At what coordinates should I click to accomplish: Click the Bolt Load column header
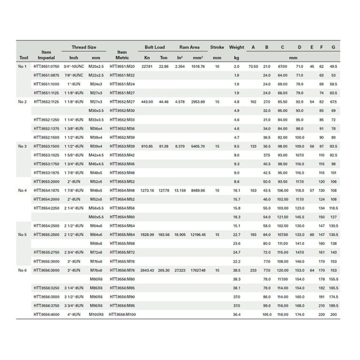click(x=154, y=47)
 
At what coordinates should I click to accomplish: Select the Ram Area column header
click(x=189, y=47)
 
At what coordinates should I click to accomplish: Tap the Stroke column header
click(x=217, y=47)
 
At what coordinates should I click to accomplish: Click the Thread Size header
click(x=84, y=47)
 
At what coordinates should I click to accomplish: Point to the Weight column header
click(x=237, y=47)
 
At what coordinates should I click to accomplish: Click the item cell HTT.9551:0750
click(x=46, y=67)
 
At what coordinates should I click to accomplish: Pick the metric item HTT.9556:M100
click(x=122, y=315)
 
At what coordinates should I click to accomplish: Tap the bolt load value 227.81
click(x=147, y=67)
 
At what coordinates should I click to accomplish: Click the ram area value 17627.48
click(x=197, y=270)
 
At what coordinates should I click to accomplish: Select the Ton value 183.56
click(x=164, y=234)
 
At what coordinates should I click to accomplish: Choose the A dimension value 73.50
click(x=253, y=67)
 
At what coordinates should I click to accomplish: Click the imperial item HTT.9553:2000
click(x=46, y=181)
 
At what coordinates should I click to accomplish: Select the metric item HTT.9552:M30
click(x=122, y=111)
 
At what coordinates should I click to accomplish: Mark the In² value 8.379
click(x=180, y=146)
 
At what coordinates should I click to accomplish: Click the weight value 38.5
click(x=237, y=270)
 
